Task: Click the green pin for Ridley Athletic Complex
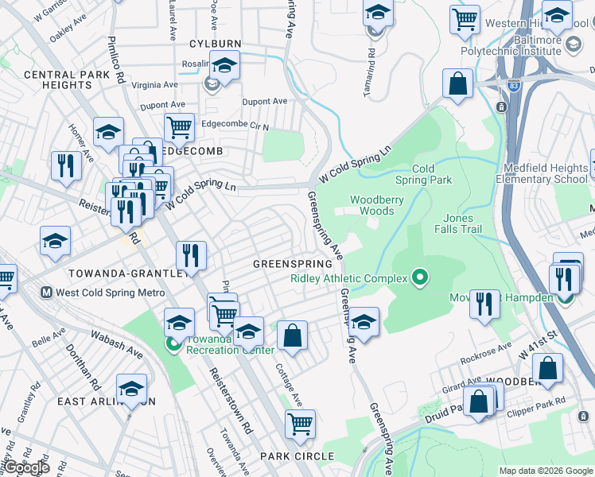coord(421,278)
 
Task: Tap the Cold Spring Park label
coord(434,174)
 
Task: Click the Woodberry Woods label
coord(372,205)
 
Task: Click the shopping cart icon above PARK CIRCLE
coord(300,425)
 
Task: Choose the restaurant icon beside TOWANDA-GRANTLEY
coord(191,256)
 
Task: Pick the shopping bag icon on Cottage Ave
coord(293,335)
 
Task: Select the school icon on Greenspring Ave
coord(364,322)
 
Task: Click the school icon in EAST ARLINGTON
coord(131,389)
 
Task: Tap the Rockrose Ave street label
coord(486,351)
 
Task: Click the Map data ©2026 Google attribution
coord(546,470)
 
